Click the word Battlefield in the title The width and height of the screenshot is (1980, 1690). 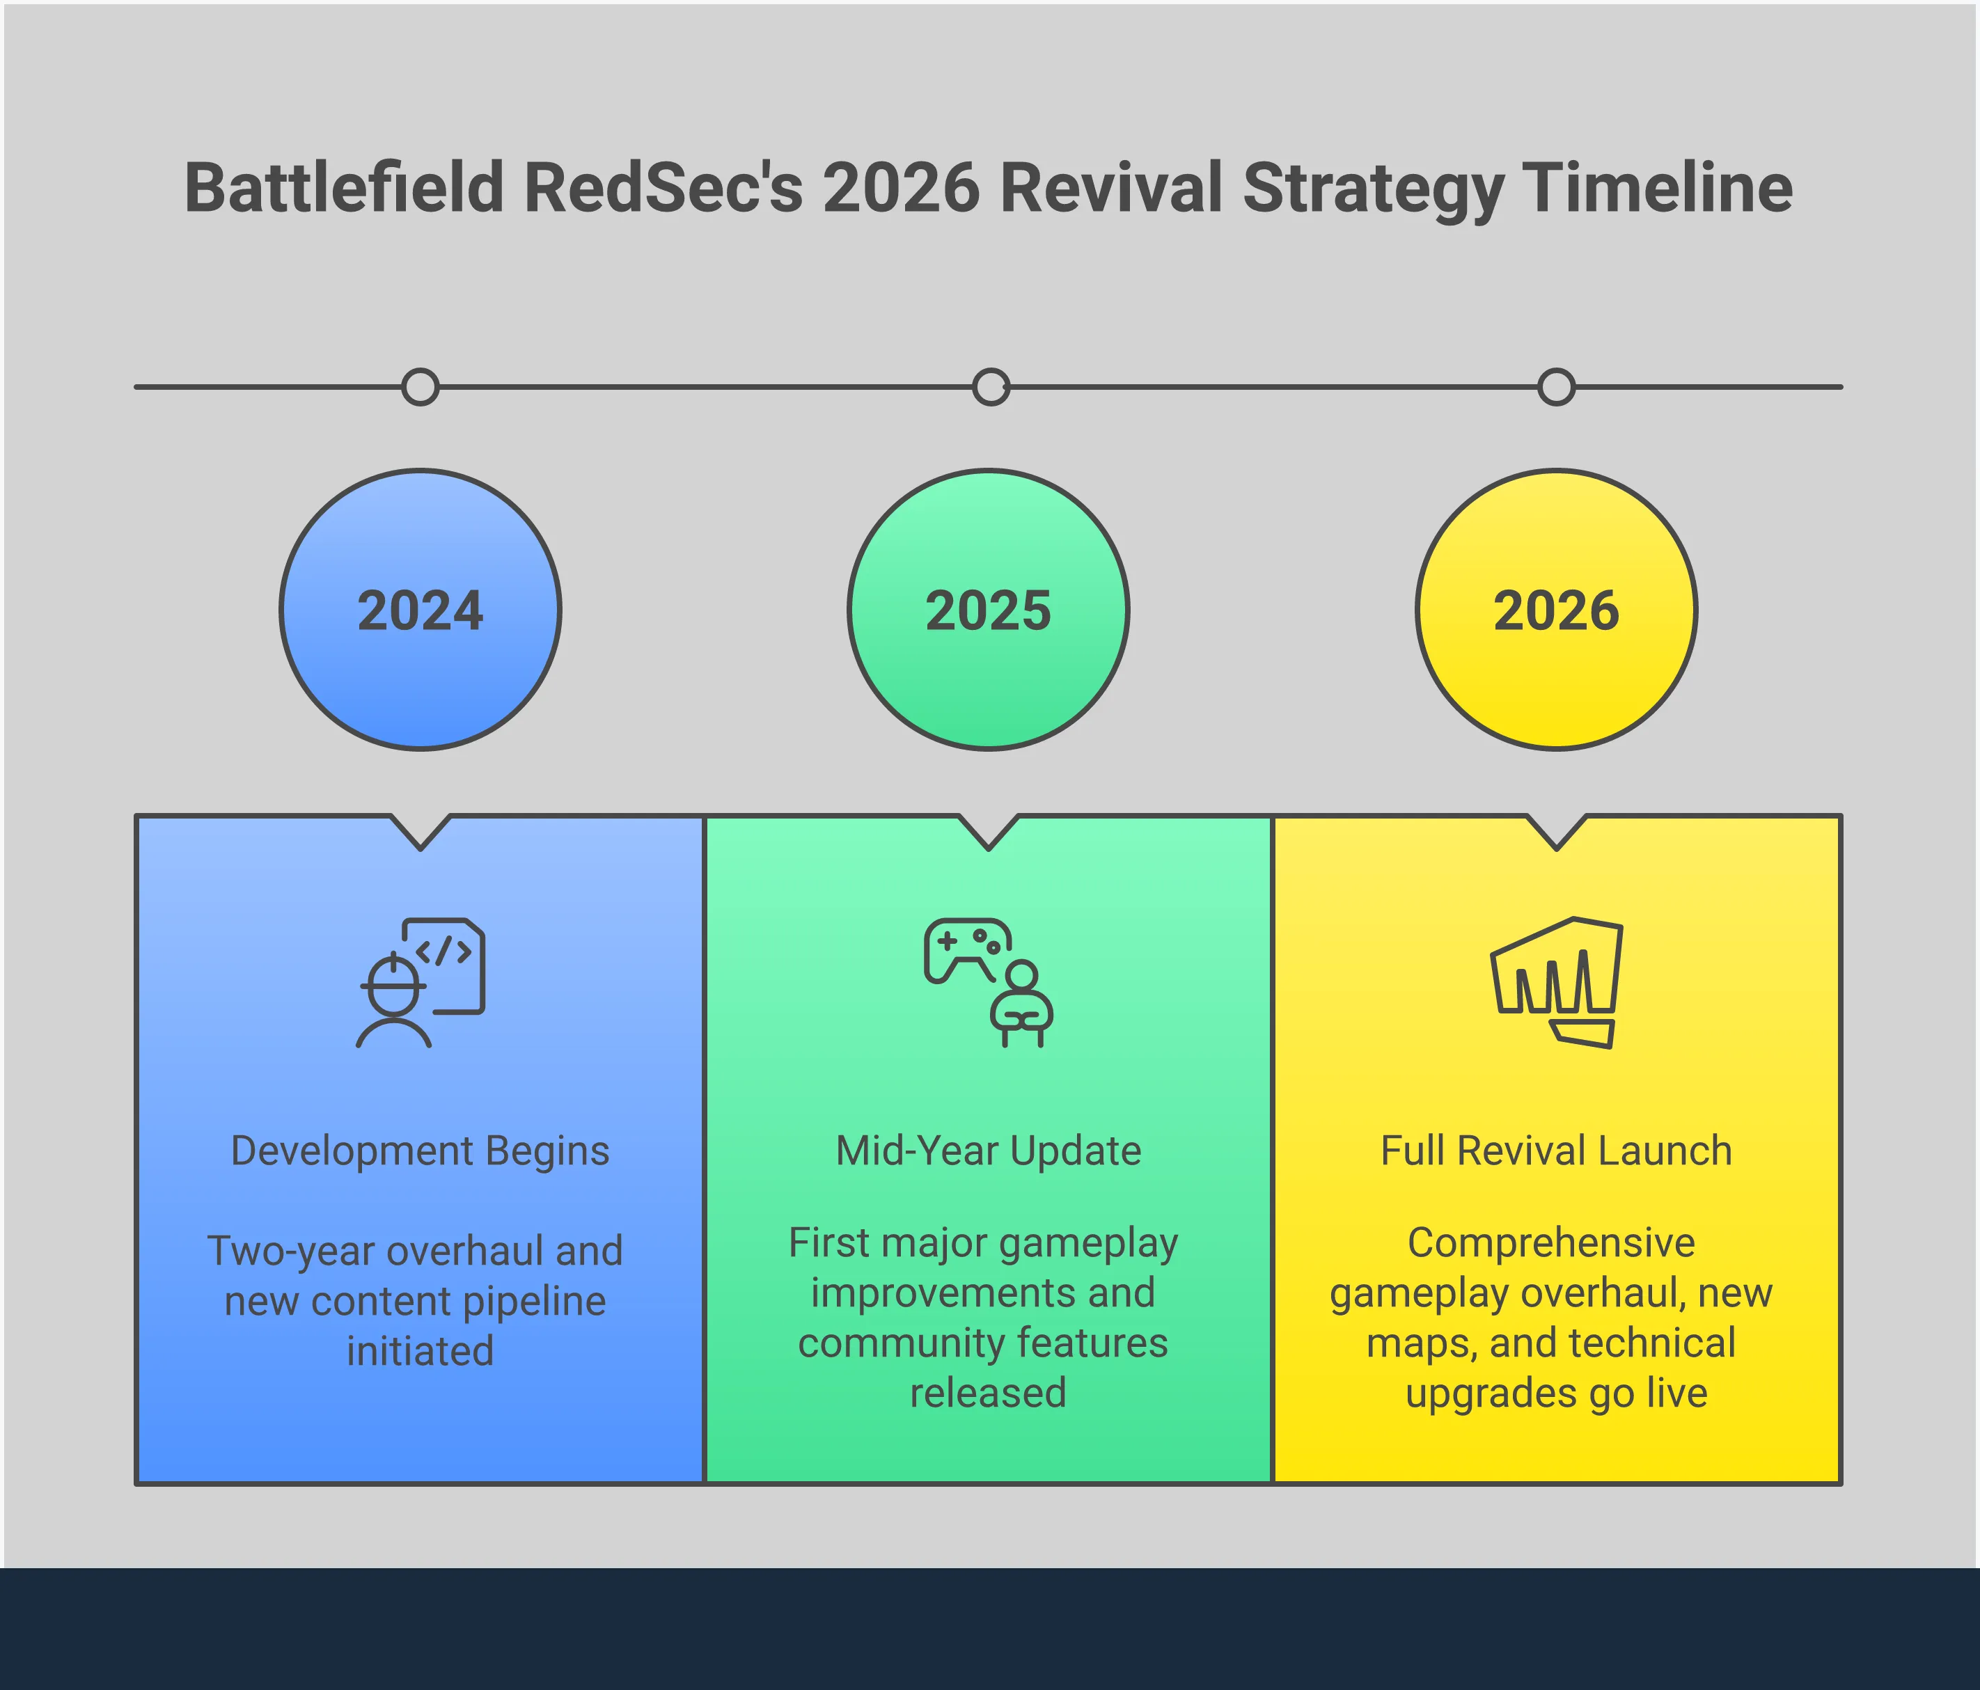(x=344, y=187)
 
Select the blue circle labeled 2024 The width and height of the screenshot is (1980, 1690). (x=421, y=610)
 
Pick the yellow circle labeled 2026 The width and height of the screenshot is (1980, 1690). (x=1557, y=610)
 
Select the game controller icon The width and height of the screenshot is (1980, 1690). (x=967, y=951)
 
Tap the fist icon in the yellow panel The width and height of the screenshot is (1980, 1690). (x=1557, y=983)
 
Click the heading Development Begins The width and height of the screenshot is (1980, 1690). (x=421, y=1151)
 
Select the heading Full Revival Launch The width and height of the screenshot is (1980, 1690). (x=1557, y=1151)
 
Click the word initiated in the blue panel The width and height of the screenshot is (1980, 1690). (x=421, y=1351)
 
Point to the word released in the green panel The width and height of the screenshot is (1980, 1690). (x=988, y=1393)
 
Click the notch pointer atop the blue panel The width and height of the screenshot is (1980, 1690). (x=421, y=832)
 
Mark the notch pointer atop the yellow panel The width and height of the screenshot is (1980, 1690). (x=1557, y=832)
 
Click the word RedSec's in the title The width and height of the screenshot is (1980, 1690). (x=663, y=187)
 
